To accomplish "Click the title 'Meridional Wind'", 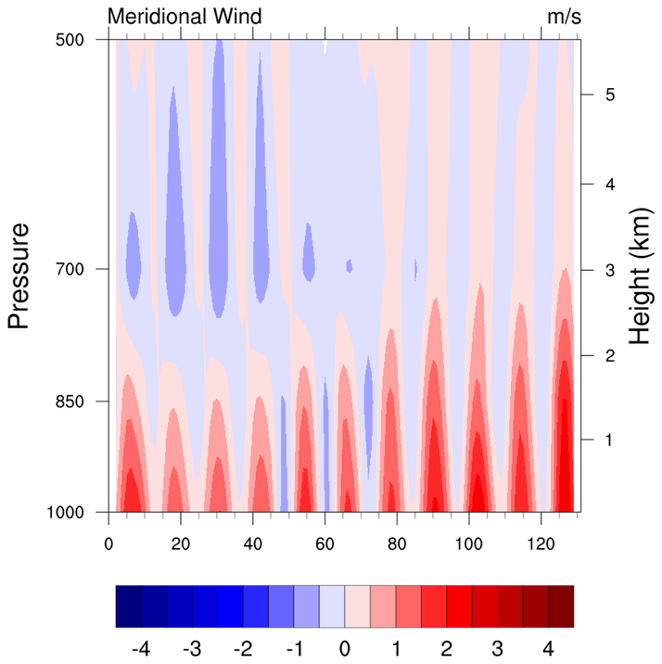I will (x=185, y=16).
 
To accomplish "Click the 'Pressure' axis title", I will (x=19, y=275).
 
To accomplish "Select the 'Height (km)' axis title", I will (x=642, y=275).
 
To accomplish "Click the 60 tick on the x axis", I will (x=325, y=544).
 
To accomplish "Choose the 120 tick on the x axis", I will (x=541, y=544).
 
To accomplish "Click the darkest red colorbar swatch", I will (x=561, y=607).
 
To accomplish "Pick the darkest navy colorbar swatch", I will (x=129, y=607).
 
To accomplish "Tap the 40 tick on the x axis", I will (x=252, y=544).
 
